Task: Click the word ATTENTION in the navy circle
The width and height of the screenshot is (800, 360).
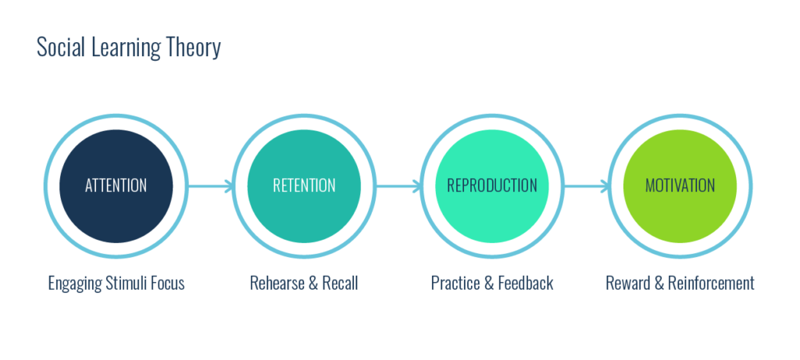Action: click(x=116, y=186)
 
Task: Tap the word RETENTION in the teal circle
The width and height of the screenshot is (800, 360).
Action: click(x=304, y=186)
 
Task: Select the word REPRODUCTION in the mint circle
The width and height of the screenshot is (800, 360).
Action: click(x=491, y=186)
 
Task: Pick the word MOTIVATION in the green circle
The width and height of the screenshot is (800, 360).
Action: click(x=680, y=186)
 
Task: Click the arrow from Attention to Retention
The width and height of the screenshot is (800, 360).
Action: click(x=209, y=186)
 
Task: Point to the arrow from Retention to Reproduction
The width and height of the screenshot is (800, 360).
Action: click(x=398, y=186)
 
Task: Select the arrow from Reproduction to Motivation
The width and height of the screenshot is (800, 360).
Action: click(x=586, y=186)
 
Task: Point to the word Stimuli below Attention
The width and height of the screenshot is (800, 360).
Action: click(x=127, y=283)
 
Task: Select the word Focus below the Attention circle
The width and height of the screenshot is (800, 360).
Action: click(x=169, y=283)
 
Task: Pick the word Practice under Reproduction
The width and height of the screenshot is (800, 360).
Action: click(x=456, y=283)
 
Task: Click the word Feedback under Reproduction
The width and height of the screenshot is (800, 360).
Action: click(x=524, y=283)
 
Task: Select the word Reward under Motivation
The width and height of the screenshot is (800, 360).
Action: click(x=628, y=283)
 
